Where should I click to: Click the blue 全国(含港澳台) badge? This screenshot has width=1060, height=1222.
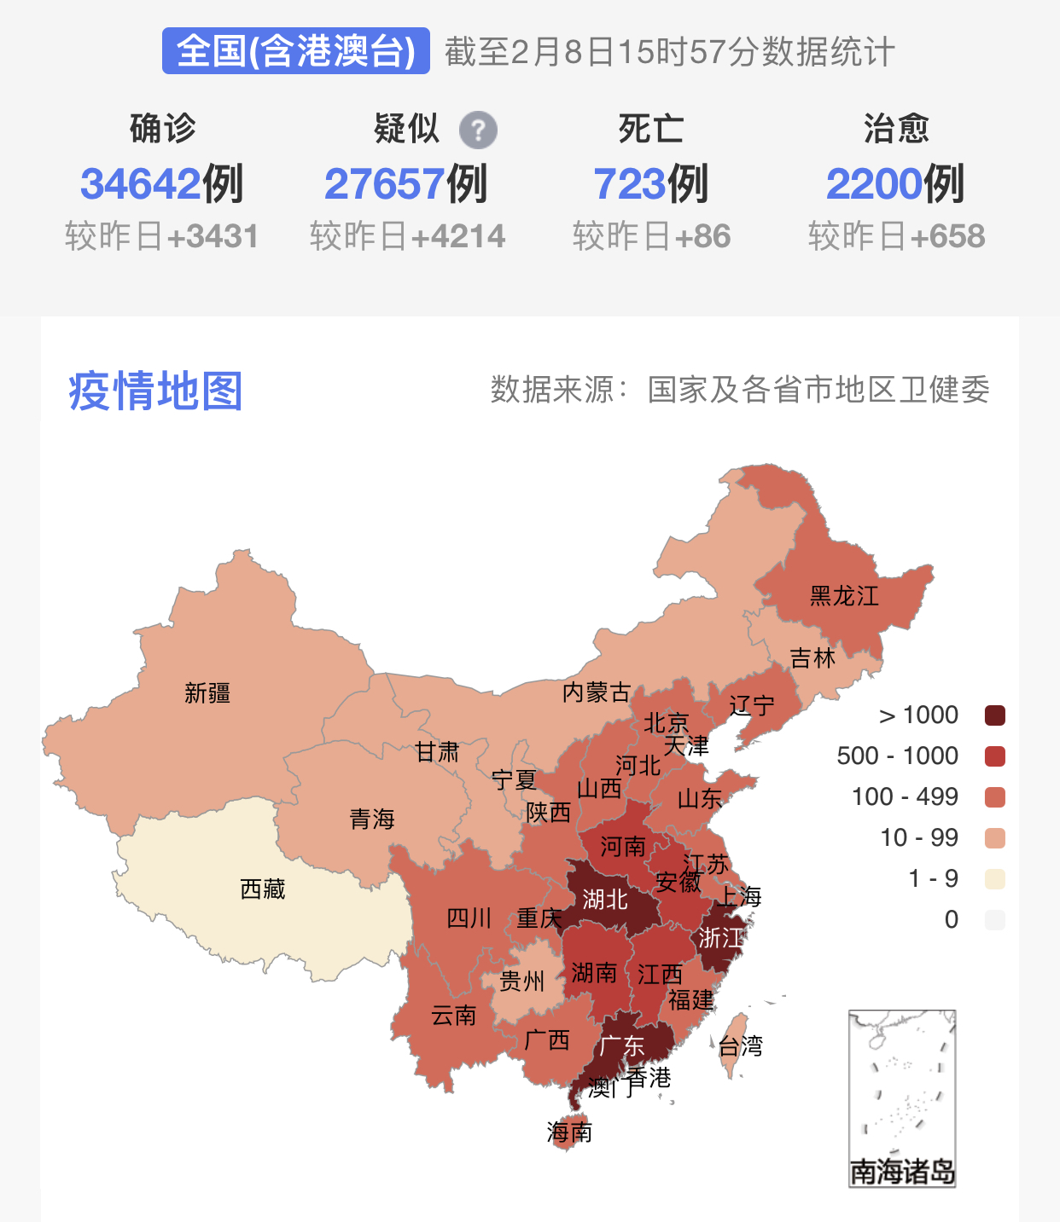tap(295, 51)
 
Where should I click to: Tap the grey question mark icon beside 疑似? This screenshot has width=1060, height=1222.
tap(478, 130)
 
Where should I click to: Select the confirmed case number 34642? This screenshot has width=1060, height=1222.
tap(140, 184)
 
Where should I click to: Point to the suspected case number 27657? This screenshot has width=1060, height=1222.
tap(384, 184)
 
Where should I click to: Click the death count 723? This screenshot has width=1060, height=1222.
tap(629, 184)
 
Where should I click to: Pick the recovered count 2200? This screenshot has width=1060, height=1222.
tap(874, 184)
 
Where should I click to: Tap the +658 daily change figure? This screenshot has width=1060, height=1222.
tap(947, 236)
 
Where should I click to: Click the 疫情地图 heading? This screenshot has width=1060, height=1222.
tap(155, 391)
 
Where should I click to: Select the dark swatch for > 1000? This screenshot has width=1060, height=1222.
tap(994, 715)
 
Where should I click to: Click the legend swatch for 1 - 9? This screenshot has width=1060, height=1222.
tap(994, 879)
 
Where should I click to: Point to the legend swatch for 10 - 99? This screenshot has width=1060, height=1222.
tap(994, 838)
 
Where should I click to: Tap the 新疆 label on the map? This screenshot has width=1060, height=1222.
tap(207, 693)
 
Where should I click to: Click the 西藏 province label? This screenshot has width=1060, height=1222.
tap(262, 889)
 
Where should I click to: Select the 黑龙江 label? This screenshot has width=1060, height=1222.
tap(843, 596)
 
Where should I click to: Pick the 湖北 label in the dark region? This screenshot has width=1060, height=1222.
tap(605, 900)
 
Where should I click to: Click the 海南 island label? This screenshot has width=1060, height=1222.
tap(569, 1132)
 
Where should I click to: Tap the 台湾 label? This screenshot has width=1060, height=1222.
tap(740, 1046)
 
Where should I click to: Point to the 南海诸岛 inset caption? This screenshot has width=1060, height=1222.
tap(902, 1172)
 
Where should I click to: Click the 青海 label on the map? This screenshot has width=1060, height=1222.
tap(372, 819)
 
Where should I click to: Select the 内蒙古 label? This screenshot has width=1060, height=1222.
tap(596, 692)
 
